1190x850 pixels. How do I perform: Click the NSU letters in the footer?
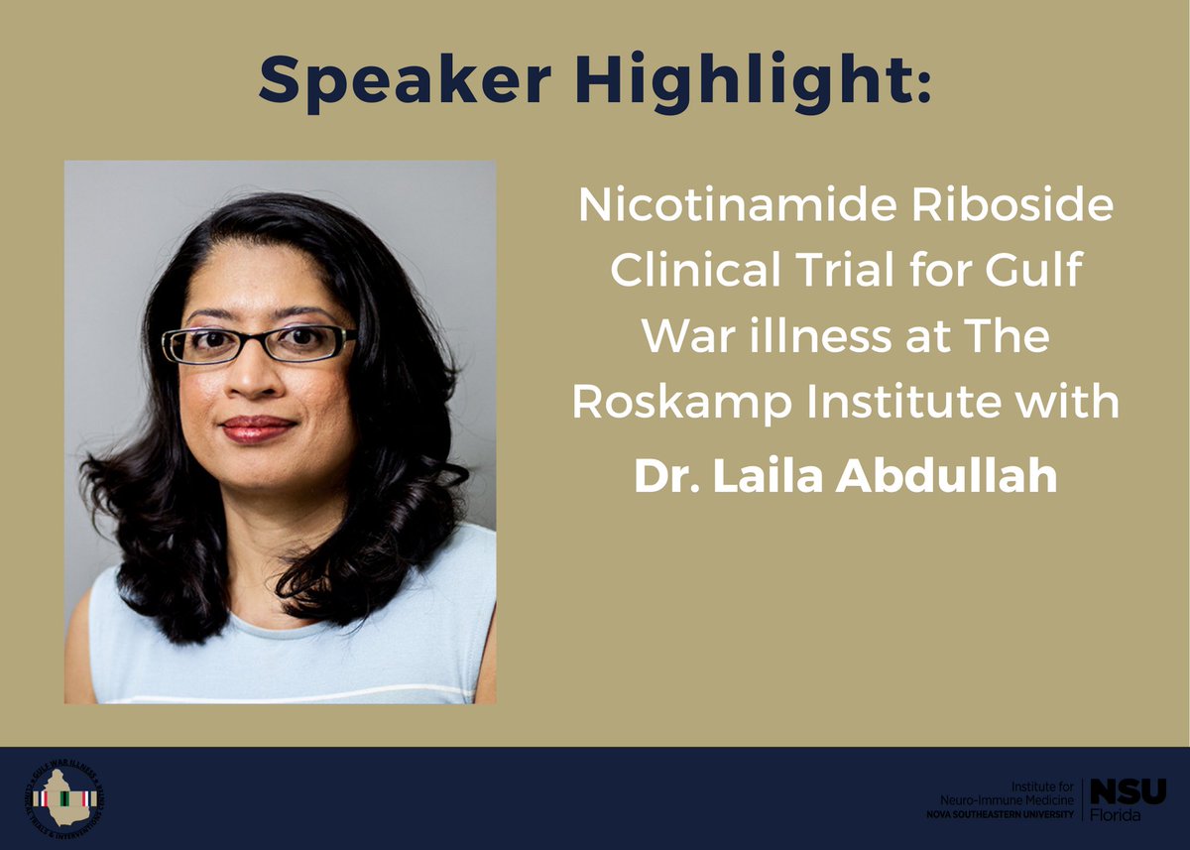(1129, 791)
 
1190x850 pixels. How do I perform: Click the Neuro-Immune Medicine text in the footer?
(1008, 799)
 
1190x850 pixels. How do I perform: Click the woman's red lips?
(258, 427)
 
